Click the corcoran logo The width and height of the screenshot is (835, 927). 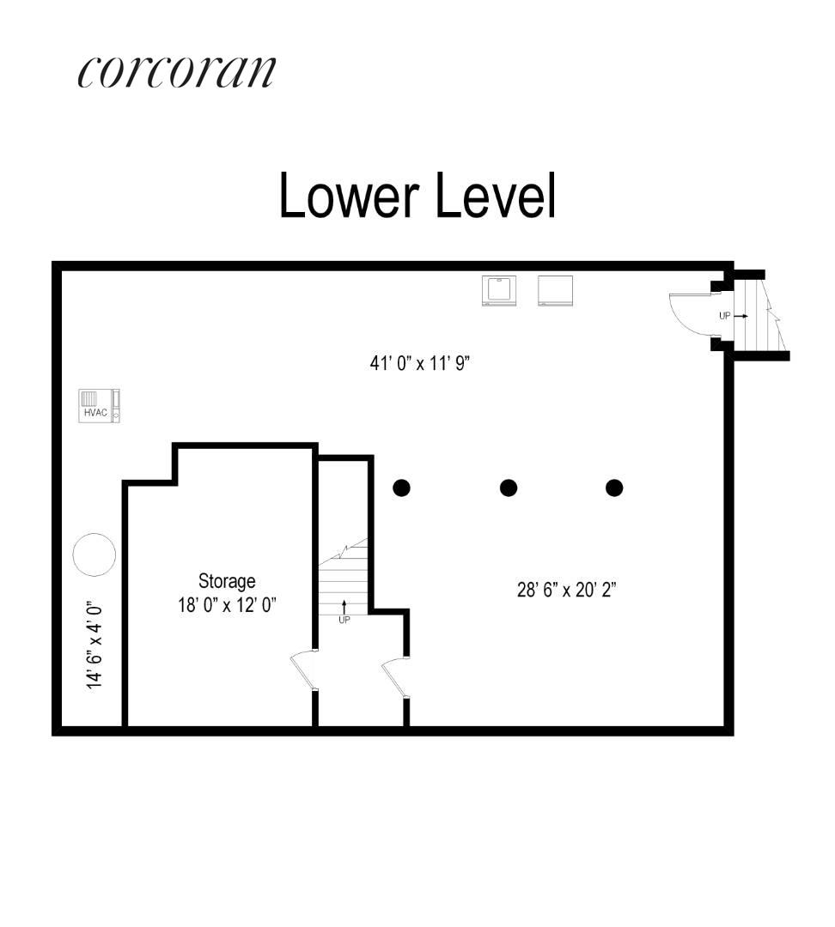pyautogui.click(x=176, y=72)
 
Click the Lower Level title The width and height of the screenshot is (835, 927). pyautogui.click(x=417, y=196)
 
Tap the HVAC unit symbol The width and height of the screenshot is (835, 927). pyautogui.click(x=99, y=405)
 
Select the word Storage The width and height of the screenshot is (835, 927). pyautogui.click(x=227, y=581)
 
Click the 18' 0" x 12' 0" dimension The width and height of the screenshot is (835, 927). pyautogui.click(x=227, y=604)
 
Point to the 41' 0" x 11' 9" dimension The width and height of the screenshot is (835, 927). pyautogui.click(x=420, y=363)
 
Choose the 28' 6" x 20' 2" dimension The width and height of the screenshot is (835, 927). pyautogui.click(x=567, y=591)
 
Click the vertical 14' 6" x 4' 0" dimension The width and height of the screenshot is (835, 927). pyautogui.click(x=94, y=644)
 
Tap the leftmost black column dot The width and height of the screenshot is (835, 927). pyautogui.click(x=401, y=488)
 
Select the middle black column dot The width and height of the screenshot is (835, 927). pyautogui.click(x=509, y=488)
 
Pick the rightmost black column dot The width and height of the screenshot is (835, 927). pyautogui.click(x=614, y=488)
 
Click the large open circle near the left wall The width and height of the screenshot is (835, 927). pyautogui.click(x=94, y=554)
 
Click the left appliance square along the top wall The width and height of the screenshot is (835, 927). pyautogui.click(x=498, y=290)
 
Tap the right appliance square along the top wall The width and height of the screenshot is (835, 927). pyautogui.click(x=554, y=290)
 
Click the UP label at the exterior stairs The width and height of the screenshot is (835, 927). pyautogui.click(x=725, y=316)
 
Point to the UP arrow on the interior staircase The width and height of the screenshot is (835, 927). pyautogui.click(x=344, y=609)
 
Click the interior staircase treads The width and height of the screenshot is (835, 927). pyautogui.click(x=343, y=579)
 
